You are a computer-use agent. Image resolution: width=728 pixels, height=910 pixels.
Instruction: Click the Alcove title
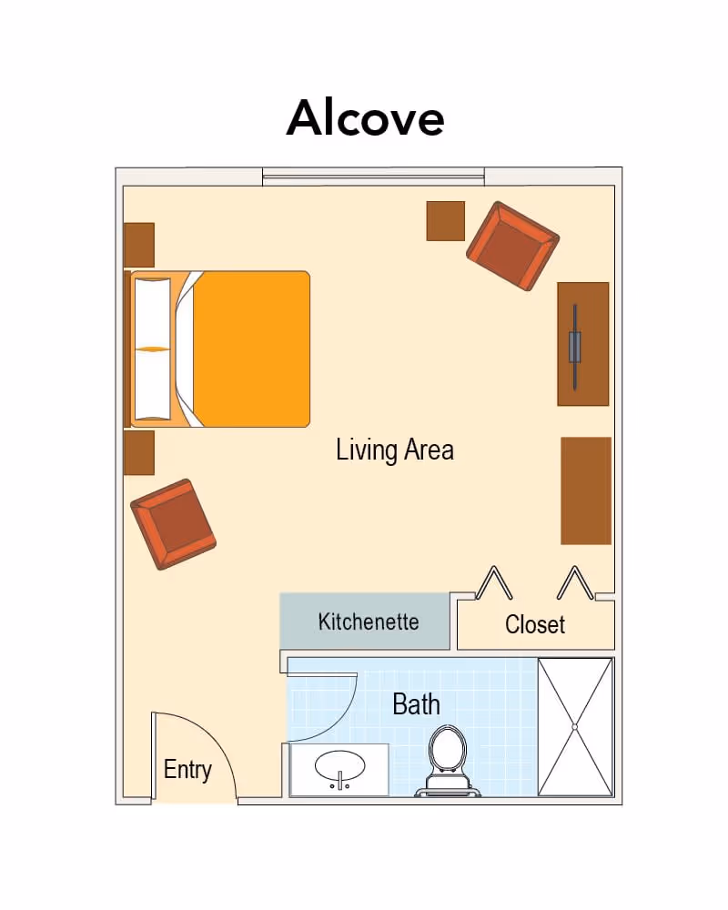[x=365, y=118]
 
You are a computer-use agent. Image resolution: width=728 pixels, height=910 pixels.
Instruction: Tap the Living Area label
[x=395, y=450]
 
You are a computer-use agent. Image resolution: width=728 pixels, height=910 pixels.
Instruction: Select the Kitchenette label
[x=368, y=622]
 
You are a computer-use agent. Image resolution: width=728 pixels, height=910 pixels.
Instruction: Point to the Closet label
[x=535, y=624]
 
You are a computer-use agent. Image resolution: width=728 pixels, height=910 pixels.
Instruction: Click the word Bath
[x=416, y=704]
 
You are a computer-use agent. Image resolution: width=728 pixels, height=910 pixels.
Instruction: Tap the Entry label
[x=187, y=770]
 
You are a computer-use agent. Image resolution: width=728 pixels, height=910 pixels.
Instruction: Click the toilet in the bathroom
[x=447, y=760]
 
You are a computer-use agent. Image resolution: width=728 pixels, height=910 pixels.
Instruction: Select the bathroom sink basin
[x=340, y=767]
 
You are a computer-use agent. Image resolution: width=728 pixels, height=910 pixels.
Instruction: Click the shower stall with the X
[x=575, y=726]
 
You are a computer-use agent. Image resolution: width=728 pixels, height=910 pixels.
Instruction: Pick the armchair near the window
[x=512, y=246]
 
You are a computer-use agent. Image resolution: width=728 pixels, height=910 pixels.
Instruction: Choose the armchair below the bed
[x=173, y=524]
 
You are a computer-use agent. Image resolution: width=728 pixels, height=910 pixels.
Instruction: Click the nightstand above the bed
[x=139, y=245]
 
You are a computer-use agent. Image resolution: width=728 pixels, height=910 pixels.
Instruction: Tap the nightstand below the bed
[x=139, y=452]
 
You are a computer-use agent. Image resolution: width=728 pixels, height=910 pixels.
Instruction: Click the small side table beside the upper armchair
[x=445, y=221]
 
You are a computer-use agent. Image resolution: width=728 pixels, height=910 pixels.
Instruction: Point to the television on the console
[x=575, y=347]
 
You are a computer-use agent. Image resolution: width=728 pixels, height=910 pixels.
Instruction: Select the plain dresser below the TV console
[x=586, y=491]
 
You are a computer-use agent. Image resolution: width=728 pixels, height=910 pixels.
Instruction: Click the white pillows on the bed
[x=153, y=349]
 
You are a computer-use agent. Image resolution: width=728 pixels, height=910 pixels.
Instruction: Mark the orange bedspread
[x=249, y=349]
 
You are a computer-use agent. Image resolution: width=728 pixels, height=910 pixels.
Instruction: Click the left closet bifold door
[x=494, y=582]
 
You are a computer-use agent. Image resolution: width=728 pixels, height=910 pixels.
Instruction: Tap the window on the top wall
[x=373, y=177]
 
